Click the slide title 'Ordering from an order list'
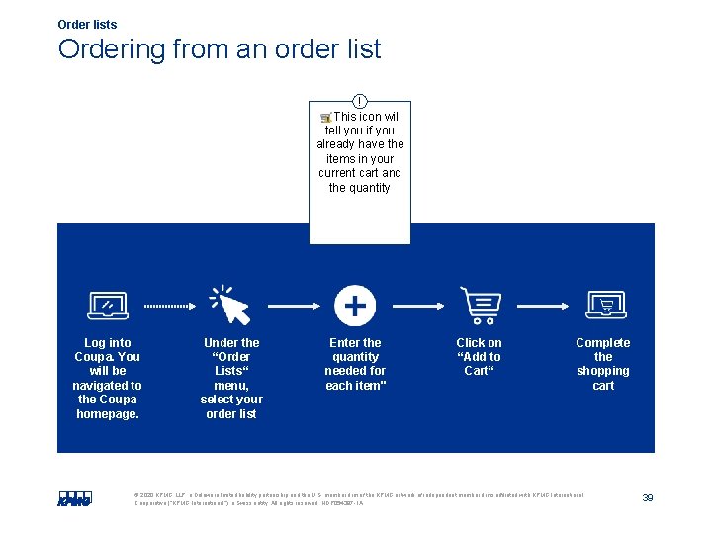(x=219, y=49)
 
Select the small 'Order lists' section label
(x=87, y=25)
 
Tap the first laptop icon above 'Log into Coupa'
(x=108, y=307)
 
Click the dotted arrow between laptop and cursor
(x=170, y=307)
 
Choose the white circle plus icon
(x=355, y=306)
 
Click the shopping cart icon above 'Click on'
(x=480, y=306)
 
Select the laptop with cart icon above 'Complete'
(x=604, y=306)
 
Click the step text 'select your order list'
(x=231, y=406)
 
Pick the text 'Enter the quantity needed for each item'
(x=355, y=364)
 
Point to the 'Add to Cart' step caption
(x=479, y=357)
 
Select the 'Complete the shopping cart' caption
(x=603, y=364)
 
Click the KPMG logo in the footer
(x=73, y=498)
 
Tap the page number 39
(x=648, y=497)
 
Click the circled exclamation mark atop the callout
(x=360, y=101)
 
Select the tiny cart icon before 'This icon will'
(x=326, y=117)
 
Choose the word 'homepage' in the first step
(x=108, y=413)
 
